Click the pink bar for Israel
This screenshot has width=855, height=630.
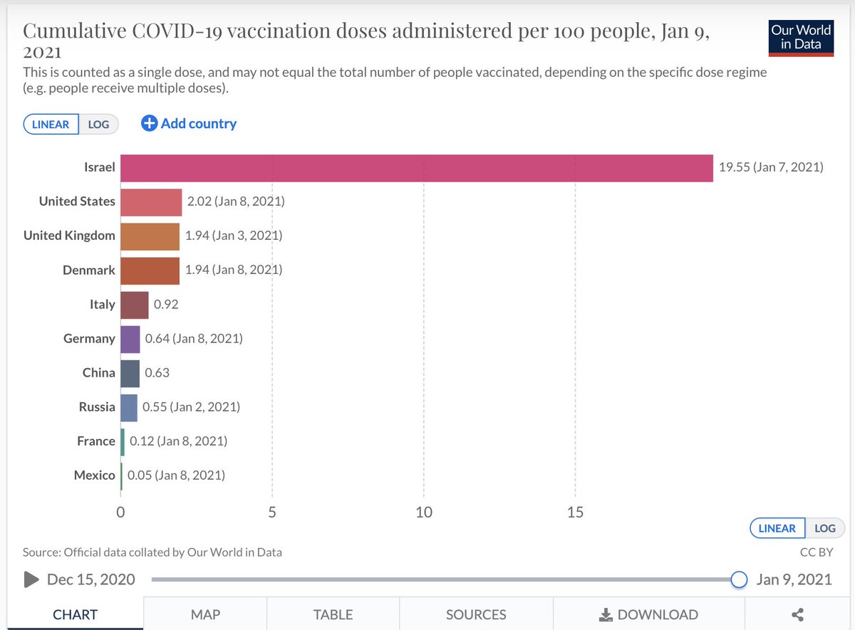416,168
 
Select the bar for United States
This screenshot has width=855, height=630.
151,202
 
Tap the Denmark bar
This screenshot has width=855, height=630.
150,271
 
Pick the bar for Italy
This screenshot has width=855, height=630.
135,305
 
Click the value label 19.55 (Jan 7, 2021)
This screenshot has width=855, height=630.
771,168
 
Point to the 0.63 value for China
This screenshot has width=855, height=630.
157,373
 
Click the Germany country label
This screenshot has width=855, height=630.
89,339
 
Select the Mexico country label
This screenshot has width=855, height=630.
94,476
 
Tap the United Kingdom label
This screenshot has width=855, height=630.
69,236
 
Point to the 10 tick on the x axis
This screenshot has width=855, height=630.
424,512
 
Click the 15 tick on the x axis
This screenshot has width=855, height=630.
575,512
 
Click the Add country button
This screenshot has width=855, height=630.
189,124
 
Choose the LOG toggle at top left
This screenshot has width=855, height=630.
98,125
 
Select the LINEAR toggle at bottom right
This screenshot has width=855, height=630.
777,529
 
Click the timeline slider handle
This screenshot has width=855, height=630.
740,579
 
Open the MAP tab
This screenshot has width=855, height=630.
205,614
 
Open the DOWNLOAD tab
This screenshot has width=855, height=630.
648,614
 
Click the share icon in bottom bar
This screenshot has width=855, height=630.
798,614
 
